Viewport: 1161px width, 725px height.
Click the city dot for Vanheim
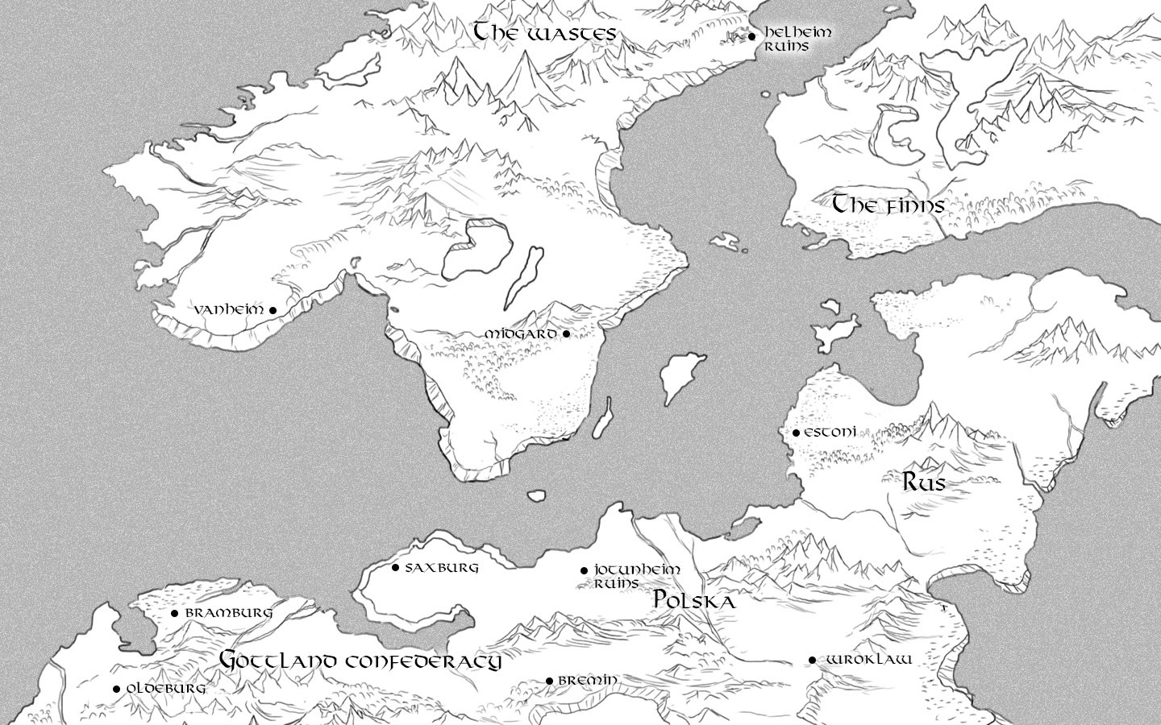(273, 310)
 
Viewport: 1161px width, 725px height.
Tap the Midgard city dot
(566, 333)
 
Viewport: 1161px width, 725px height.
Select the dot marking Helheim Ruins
(751, 36)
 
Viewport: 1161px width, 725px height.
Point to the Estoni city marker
(796, 433)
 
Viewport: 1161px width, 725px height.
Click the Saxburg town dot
(395, 567)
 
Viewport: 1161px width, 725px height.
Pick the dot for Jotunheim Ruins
(584, 570)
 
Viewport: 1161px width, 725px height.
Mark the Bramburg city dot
(174, 613)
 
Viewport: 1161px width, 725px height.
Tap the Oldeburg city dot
(116, 689)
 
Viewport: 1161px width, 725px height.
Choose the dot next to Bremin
(549, 681)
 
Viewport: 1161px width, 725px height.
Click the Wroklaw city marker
(812, 661)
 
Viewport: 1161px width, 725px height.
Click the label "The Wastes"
(544, 33)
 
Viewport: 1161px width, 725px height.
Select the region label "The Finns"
(888, 205)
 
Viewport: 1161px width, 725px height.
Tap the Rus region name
(923, 483)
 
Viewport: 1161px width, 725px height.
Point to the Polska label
(694, 600)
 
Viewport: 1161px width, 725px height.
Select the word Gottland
(272, 660)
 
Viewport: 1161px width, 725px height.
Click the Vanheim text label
(230, 309)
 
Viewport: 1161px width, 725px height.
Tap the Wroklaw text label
(869, 660)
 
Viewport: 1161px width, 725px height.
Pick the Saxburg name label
(442, 567)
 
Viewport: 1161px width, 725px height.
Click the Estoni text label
(830, 433)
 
